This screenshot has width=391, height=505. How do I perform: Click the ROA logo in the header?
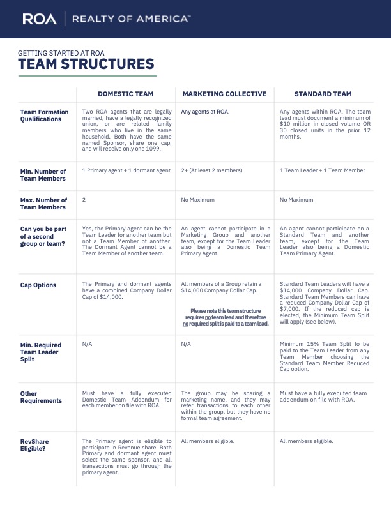[40, 19]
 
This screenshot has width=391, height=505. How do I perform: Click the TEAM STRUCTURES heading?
[86, 64]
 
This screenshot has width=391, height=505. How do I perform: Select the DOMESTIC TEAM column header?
[126, 94]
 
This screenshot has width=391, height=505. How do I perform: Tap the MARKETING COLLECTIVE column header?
[224, 94]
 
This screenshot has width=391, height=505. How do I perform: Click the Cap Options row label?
[38, 285]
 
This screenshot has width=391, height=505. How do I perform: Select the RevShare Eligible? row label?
[34, 445]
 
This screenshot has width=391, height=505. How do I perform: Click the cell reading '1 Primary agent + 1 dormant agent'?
[126, 170]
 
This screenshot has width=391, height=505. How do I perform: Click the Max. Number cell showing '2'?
[84, 200]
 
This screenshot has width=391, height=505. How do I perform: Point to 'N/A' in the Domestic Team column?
[88, 343]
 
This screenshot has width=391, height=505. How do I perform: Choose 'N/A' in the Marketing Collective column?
[187, 343]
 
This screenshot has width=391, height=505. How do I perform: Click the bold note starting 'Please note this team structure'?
[226, 317]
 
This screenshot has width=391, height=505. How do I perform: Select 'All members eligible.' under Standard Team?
[307, 441]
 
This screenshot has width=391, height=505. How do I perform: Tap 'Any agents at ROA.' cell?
[206, 112]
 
